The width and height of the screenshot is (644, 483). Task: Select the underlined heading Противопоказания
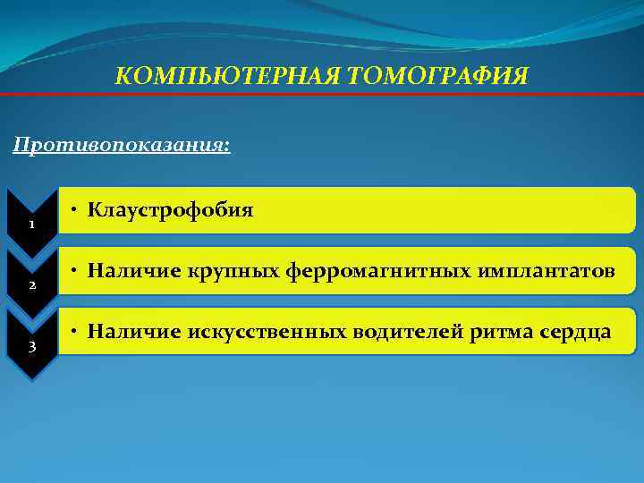point(122,144)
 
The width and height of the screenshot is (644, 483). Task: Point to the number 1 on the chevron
point(30,224)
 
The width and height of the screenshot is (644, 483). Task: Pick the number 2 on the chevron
point(30,285)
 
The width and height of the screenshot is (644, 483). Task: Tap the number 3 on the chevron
point(30,347)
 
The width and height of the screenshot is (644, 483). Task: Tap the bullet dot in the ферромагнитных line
point(78,270)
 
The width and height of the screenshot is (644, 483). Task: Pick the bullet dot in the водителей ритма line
point(78,332)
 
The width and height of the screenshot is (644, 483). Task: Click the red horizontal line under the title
point(322,94)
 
